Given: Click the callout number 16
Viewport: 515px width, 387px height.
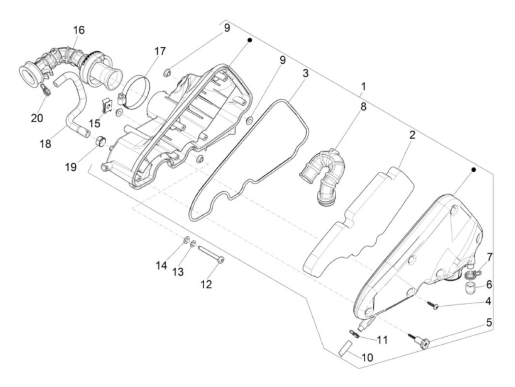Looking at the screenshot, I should [x=79, y=30].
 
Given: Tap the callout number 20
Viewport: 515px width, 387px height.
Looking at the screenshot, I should [x=37, y=118].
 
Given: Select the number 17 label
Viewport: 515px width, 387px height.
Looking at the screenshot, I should [x=160, y=51].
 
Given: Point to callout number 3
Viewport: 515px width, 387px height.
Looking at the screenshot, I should [x=305, y=73].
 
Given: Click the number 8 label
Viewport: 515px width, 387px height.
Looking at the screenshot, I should [x=363, y=107].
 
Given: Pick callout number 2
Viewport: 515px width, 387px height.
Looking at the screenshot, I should [x=412, y=135].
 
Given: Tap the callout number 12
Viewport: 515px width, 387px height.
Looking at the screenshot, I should [x=206, y=284].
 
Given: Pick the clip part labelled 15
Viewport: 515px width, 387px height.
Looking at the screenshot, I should [x=107, y=107].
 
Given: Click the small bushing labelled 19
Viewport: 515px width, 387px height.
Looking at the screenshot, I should [x=100, y=141].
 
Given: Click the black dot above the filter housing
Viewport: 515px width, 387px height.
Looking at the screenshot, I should [x=249, y=39].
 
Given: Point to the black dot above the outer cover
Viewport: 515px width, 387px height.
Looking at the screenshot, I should [x=474, y=170].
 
